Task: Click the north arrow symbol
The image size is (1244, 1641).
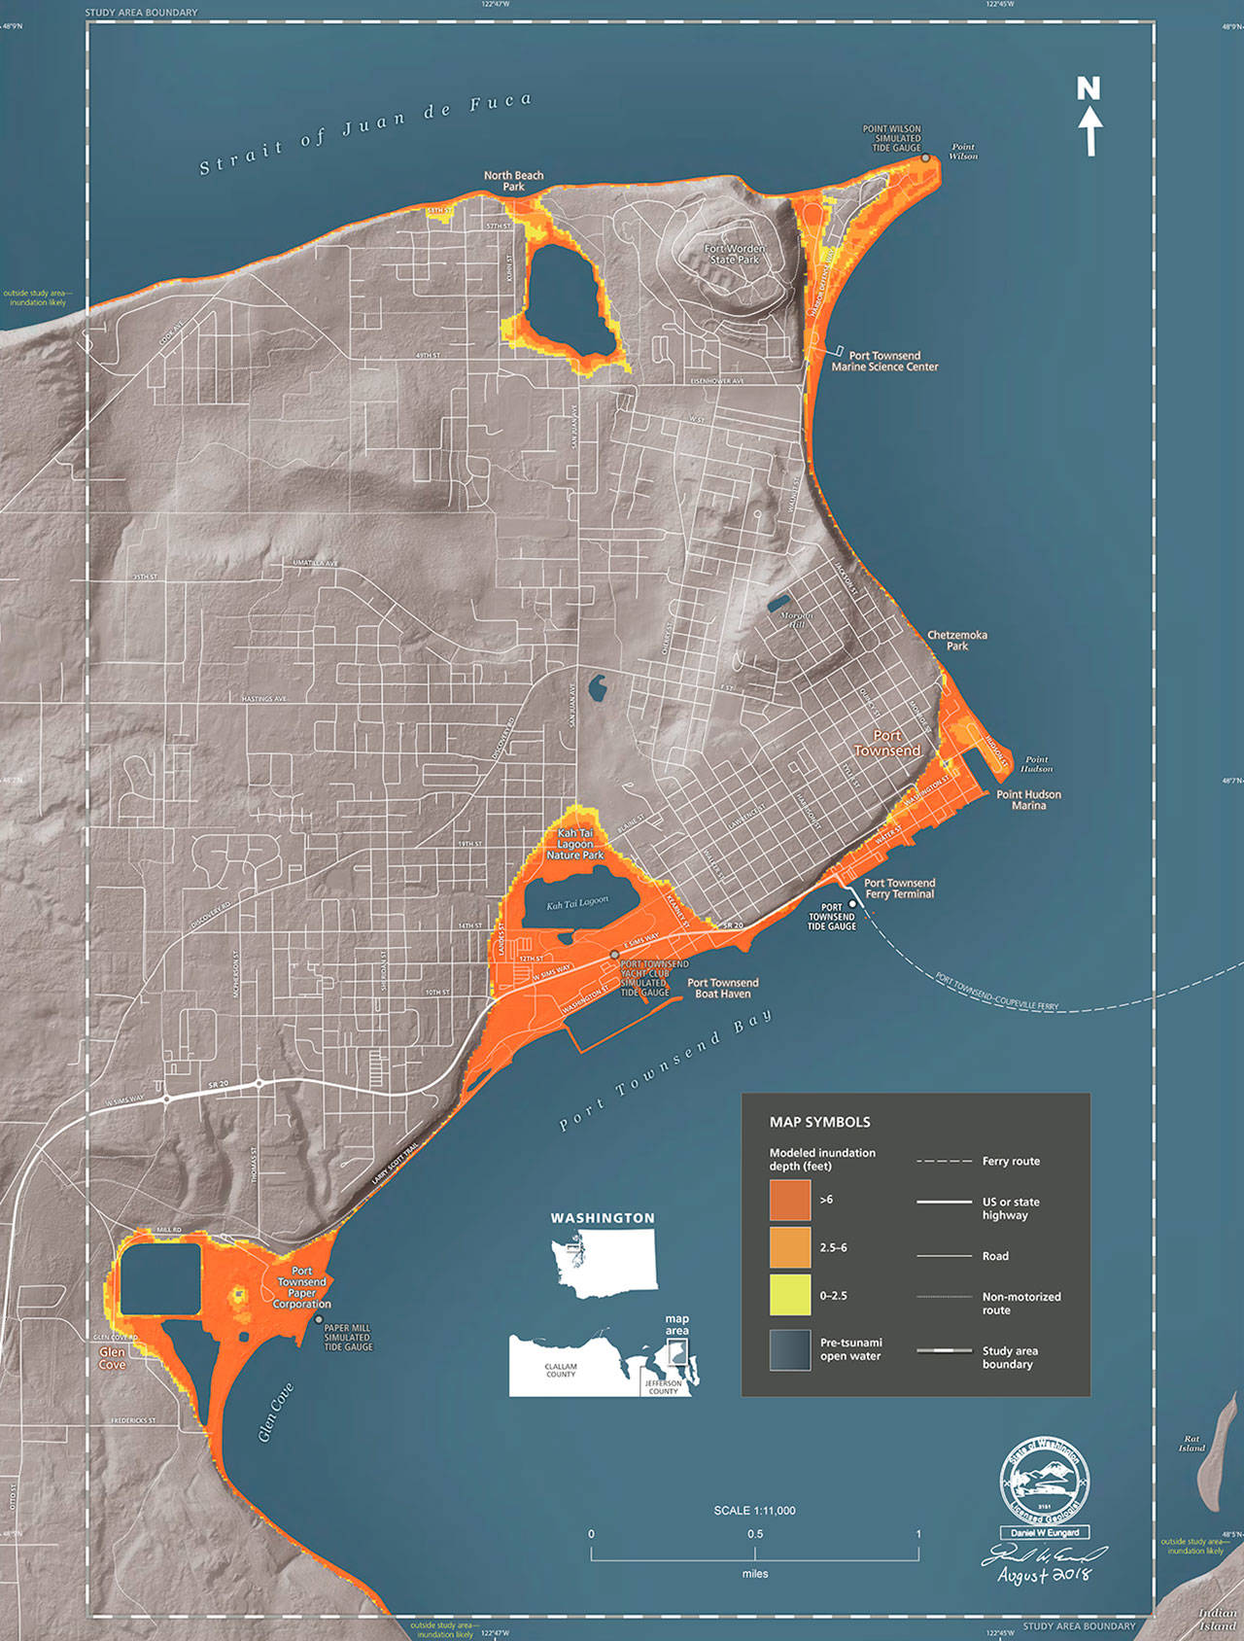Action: click(1089, 117)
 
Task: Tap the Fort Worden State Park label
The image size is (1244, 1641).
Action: click(736, 254)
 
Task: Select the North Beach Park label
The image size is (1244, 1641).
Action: click(513, 181)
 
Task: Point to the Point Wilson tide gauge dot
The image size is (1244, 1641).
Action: click(925, 157)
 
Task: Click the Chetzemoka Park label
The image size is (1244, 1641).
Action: click(956, 640)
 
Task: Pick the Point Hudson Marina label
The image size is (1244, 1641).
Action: click(1028, 799)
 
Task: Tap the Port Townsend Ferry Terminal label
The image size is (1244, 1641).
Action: click(899, 888)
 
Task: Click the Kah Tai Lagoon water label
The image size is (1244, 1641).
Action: click(577, 903)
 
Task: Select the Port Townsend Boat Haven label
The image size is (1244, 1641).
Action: click(722, 988)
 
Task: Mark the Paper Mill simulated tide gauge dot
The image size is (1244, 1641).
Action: click(319, 1319)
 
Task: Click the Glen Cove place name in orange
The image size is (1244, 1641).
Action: click(112, 1358)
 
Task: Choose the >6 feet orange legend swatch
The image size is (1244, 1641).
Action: click(789, 1200)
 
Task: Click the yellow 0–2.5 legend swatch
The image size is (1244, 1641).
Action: click(789, 1295)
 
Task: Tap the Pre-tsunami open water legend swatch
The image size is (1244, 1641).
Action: click(789, 1349)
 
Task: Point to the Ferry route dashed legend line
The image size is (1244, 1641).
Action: click(944, 1161)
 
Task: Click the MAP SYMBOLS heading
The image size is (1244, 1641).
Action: click(819, 1122)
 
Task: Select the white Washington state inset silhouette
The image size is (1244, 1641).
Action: click(605, 1260)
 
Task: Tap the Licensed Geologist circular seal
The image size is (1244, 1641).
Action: click(1045, 1480)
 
